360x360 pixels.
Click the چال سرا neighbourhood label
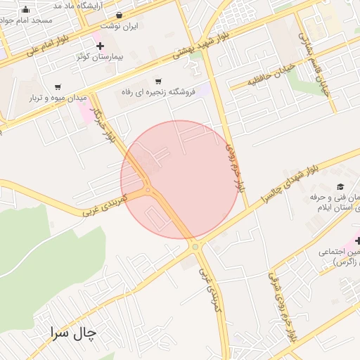73,333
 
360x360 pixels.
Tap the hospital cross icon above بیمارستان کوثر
101,46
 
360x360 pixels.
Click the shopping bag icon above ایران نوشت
118,15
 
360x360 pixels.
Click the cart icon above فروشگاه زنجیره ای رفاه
158,82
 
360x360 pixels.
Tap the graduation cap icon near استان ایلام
340,187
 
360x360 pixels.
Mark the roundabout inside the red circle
148,189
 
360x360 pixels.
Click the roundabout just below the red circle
195,246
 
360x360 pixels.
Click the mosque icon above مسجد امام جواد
27,9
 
